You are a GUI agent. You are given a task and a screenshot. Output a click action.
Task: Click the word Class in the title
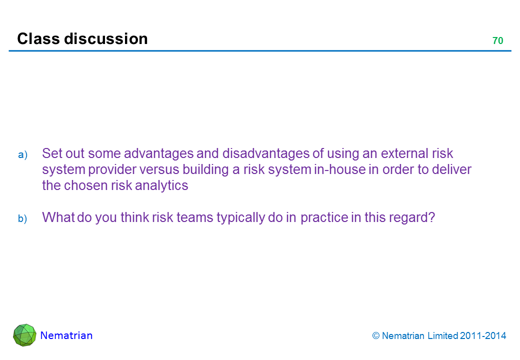pos(38,39)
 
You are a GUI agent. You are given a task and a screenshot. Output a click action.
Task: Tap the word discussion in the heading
pos(106,39)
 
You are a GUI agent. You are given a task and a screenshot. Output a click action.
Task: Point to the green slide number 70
pos(498,41)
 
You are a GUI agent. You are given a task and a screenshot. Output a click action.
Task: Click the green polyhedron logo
pos(24,335)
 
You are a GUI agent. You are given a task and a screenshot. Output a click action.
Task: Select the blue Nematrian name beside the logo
pos(66,335)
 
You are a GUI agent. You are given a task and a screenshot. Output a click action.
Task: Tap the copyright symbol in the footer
pos(375,336)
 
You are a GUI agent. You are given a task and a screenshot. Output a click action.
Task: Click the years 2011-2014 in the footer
pos(483,336)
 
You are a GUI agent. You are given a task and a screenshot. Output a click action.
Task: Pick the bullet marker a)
pos(22,155)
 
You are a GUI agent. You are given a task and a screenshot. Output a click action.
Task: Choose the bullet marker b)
pos(22,218)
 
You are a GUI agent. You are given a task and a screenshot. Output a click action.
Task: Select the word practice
pos(324,218)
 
